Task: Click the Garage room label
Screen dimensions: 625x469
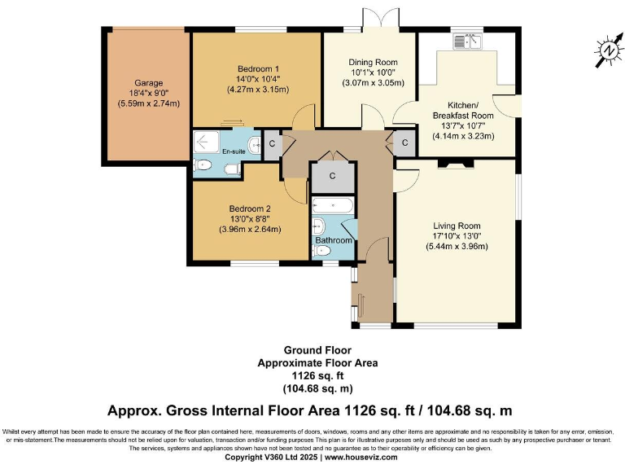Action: coord(149,83)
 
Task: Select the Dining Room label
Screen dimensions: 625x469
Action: coord(373,62)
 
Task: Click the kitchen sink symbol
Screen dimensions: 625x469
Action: coord(468,42)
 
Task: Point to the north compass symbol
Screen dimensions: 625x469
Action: coord(609,50)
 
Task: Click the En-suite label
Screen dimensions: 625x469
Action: coord(234,151)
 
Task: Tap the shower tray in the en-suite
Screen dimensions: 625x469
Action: coord(207,142)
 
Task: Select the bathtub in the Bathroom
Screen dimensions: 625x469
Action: coord(332,205)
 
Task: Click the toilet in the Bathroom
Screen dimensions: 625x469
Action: coord(322,251)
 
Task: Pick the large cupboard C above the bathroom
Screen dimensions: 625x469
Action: coord(332,176)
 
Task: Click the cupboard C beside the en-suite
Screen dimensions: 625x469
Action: coord(273,144)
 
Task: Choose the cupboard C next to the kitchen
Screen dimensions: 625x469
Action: coord(404,142)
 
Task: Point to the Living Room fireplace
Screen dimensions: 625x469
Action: coord(456,163)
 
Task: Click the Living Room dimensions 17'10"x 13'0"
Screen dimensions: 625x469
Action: coord(457,236)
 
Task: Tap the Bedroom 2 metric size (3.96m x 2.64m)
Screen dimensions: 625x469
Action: coord(250,230)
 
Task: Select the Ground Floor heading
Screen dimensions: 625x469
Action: coord(317,350)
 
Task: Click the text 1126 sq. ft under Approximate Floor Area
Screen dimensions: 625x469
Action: coord(317,375)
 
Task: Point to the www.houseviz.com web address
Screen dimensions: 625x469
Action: coord(361,457)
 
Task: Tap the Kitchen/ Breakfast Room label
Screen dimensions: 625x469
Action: coord(463,111)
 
